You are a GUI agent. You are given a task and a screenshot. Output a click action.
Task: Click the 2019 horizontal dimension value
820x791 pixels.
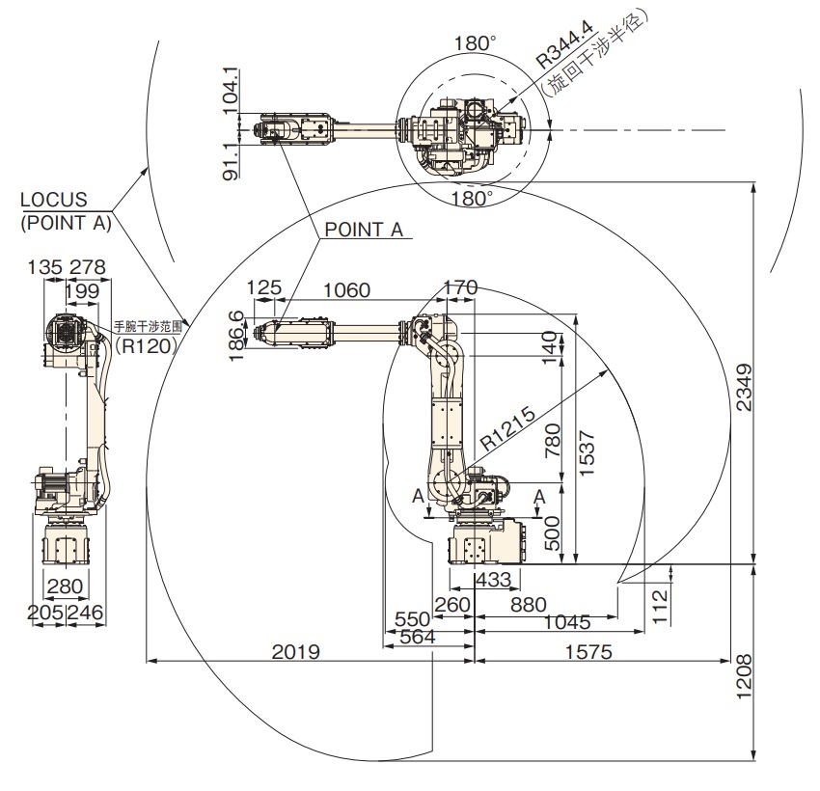click(x=295, y=651)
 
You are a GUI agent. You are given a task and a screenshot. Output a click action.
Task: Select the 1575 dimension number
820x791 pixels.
click(x=588, y=651)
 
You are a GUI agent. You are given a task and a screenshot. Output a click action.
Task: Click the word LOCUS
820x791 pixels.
click(x=55, y=200)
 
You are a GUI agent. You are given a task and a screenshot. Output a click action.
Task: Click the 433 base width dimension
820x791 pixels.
click(x=494, y=580)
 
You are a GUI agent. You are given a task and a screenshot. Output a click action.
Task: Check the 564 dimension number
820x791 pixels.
click(x=417, y=637)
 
